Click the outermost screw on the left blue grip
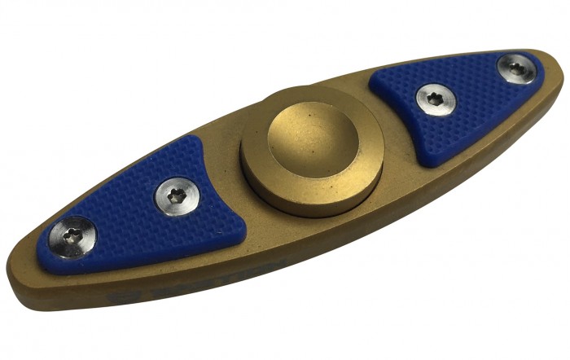point(72,237)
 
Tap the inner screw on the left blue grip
point(177,197)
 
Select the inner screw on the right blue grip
point(436,100)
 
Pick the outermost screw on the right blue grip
point(517,69)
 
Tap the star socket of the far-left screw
point(72,237)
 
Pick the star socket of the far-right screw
point(517,69)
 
